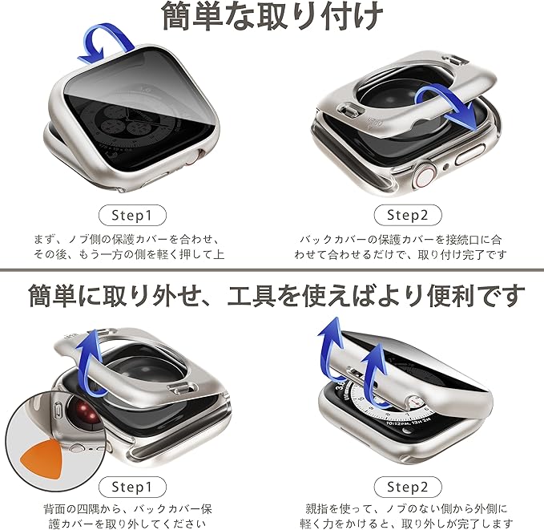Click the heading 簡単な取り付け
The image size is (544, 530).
click(x=272, y=15)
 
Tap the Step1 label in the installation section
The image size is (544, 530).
click(x=132, y=216)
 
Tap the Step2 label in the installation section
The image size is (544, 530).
click(x=408, y=216)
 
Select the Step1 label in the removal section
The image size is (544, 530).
click(x=132, y=487)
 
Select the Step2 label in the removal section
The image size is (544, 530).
click(x=408, y=487)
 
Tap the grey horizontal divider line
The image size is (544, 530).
click(x=272, y=270)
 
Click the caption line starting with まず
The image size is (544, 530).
click(x=127, y=240)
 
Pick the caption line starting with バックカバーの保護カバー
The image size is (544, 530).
click(x=401, y=240)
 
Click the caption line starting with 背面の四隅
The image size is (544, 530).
click(x=128, y=509)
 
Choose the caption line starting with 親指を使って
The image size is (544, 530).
click(x=406, y=509)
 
